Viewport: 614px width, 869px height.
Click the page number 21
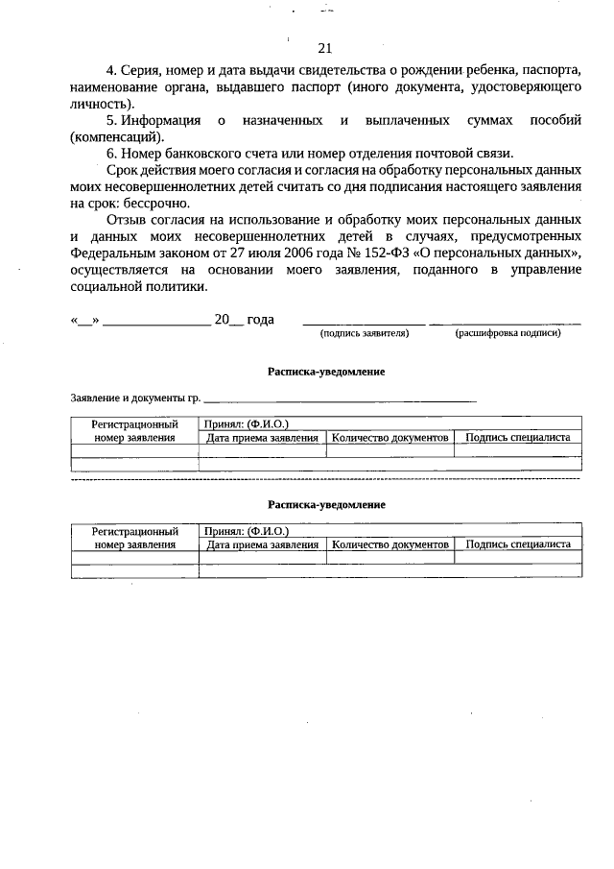323,49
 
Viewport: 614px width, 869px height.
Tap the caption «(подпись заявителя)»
365,333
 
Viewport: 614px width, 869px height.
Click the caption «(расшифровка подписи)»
508,333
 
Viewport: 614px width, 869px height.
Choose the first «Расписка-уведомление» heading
326,372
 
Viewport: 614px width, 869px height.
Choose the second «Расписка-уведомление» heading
326,503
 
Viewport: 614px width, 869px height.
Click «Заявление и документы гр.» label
135,397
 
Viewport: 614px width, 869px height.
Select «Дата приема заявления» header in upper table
263,438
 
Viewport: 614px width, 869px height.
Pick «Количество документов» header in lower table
390,544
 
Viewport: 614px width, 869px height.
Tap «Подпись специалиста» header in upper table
518,438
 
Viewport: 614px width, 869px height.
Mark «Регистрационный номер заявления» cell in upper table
135,430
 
